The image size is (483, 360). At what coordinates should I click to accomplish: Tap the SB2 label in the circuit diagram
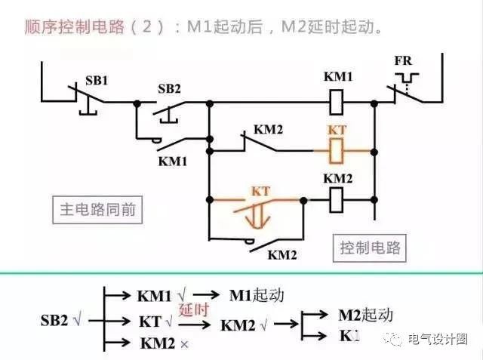point(170,88)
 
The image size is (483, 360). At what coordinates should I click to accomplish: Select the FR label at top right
point(403,60)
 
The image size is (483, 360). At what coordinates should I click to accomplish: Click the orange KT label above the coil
point(337,130)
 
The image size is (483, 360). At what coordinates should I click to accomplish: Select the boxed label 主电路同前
point(98,209)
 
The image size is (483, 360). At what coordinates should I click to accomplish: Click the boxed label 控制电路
point(370,247)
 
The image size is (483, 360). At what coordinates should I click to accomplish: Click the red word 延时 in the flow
point(192,309)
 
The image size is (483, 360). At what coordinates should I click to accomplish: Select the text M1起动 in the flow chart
point(257,294)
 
